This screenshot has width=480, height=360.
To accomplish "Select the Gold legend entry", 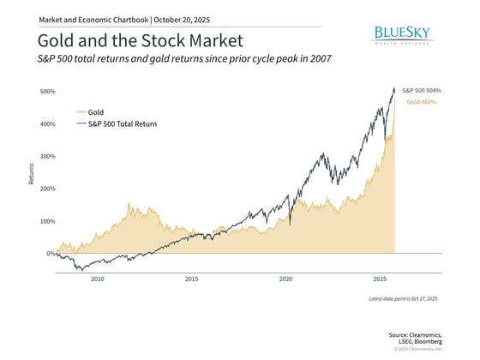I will point(95,111).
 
